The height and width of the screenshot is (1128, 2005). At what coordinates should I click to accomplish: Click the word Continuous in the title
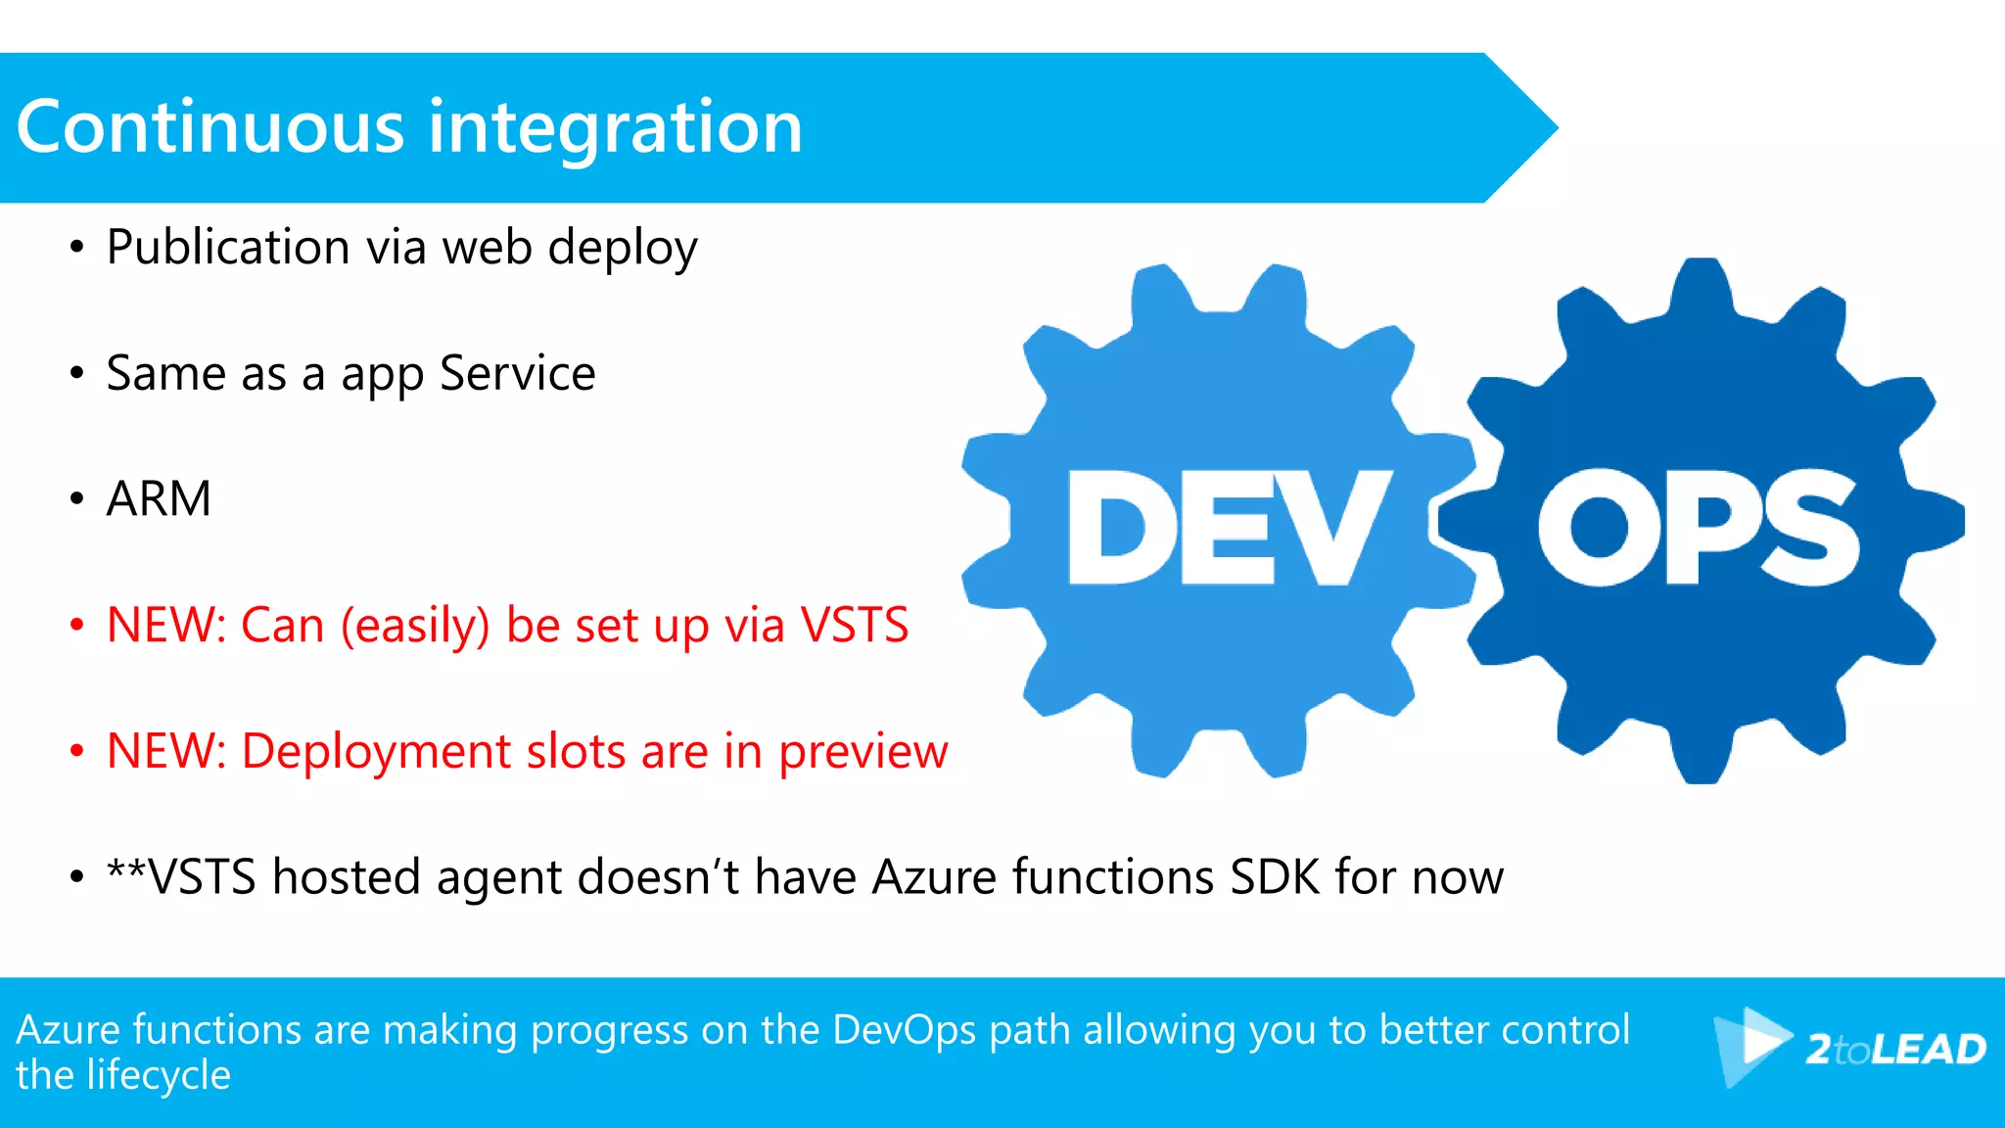point(210,127)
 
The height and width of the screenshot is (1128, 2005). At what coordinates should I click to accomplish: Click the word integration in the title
point(616,129)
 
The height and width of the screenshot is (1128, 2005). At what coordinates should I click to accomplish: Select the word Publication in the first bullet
point(228,247)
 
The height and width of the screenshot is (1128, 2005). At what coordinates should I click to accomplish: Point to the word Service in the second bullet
point(517,373)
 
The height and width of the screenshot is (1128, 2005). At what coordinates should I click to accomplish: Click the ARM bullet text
point(159,498)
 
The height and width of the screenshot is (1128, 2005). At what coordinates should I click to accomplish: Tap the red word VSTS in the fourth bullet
point(855,625)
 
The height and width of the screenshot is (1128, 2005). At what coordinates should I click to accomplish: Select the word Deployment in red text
point(376,751)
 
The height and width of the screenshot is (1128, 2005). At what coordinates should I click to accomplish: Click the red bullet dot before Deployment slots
point(76,751)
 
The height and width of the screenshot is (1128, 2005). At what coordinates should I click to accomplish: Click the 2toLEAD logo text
point(1895,1050)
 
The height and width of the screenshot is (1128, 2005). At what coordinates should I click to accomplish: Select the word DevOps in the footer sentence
point(904,1030)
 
